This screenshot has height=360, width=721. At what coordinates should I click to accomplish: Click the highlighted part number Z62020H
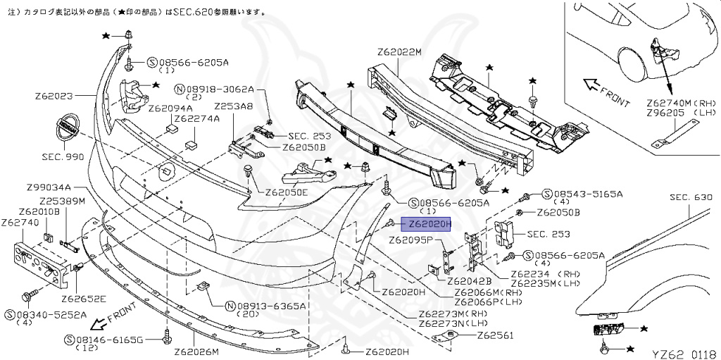click(x=425, y=224)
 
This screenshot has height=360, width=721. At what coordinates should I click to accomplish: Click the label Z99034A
click(x=49, y=187)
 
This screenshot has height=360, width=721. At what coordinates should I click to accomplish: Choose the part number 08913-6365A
click(x=271, y=306)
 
